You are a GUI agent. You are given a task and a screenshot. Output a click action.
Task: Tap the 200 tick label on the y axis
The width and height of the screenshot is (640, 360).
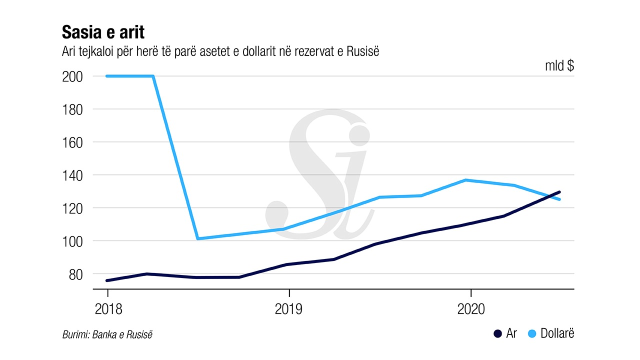click(x=72, y=76)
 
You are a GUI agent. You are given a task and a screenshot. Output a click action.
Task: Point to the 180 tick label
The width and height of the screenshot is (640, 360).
click(x=72, y=109)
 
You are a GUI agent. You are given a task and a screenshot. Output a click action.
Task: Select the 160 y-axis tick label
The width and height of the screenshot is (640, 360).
click(x=72, y=142)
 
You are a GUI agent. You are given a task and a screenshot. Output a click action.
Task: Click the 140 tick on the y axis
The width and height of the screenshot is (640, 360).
click(x=72, y=175)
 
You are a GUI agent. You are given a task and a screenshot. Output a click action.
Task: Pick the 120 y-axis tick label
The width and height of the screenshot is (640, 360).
click(x=72, y=208)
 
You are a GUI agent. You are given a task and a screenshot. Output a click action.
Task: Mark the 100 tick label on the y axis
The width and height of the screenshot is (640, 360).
click(x=72, y=241)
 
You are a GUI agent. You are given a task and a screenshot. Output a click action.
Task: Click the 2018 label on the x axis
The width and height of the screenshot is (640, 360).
click(x=107, y=309)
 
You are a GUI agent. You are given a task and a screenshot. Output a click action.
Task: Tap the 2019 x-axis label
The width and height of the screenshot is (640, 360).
click(x=289, y=309)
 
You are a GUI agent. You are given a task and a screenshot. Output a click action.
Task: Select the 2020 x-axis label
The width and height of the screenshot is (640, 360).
click(x=471, y=309)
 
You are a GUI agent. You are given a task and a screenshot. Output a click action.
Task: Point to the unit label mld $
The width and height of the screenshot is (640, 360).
click(x=559, y=65)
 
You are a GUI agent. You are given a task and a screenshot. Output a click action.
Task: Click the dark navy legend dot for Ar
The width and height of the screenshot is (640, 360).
click(x=497, y=334)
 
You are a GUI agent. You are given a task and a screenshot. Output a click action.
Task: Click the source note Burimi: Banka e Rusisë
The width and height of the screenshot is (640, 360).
click(x=107, y=334)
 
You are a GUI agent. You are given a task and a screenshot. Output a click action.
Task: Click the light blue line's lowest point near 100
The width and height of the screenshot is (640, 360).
click(x=198, y=238)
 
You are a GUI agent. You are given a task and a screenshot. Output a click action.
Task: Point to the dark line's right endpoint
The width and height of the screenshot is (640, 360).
click(x=559, y=192)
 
